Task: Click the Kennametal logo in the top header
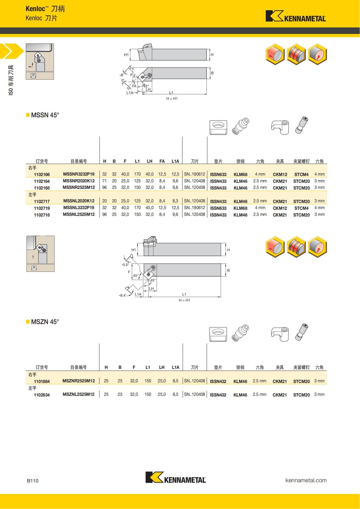[295, 16]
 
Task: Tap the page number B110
[33, 481]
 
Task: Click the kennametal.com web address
[306, 480]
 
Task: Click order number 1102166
[42, 175]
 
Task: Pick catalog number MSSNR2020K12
[79, 181]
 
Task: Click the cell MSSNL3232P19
[79, 208]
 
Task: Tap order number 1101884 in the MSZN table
[42, 382]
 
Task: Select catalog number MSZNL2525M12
[78, 394]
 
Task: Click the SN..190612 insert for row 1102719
[194, 208]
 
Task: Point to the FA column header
[162, 161]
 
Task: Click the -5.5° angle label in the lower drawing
[125, 265]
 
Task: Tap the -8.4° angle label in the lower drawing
[122, 295]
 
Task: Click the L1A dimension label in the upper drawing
[130, 93]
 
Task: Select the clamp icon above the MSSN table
[280, 127]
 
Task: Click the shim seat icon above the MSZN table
[218, 334]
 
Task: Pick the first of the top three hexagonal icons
[275, 54]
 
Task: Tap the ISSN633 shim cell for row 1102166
[218, 175]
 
